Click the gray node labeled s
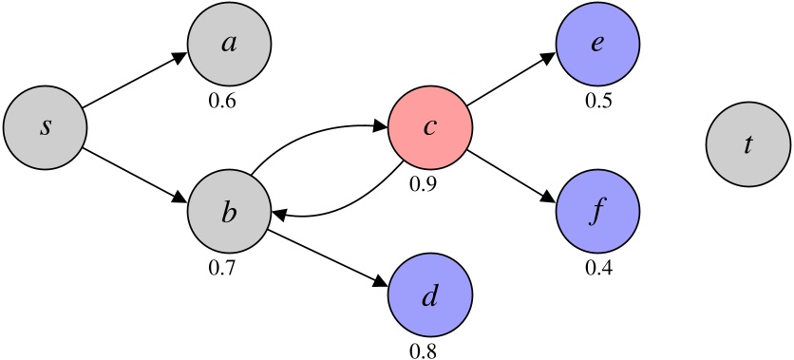pyautogui.click(x=45, y=126)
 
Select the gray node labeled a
pyautogui.click(x=229, y=45)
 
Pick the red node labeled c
pyautogui.click(x=429, y=126)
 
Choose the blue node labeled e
pyautogui.click(x=597, y=45)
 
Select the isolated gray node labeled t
pyautogui.click(x=747, y=144)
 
